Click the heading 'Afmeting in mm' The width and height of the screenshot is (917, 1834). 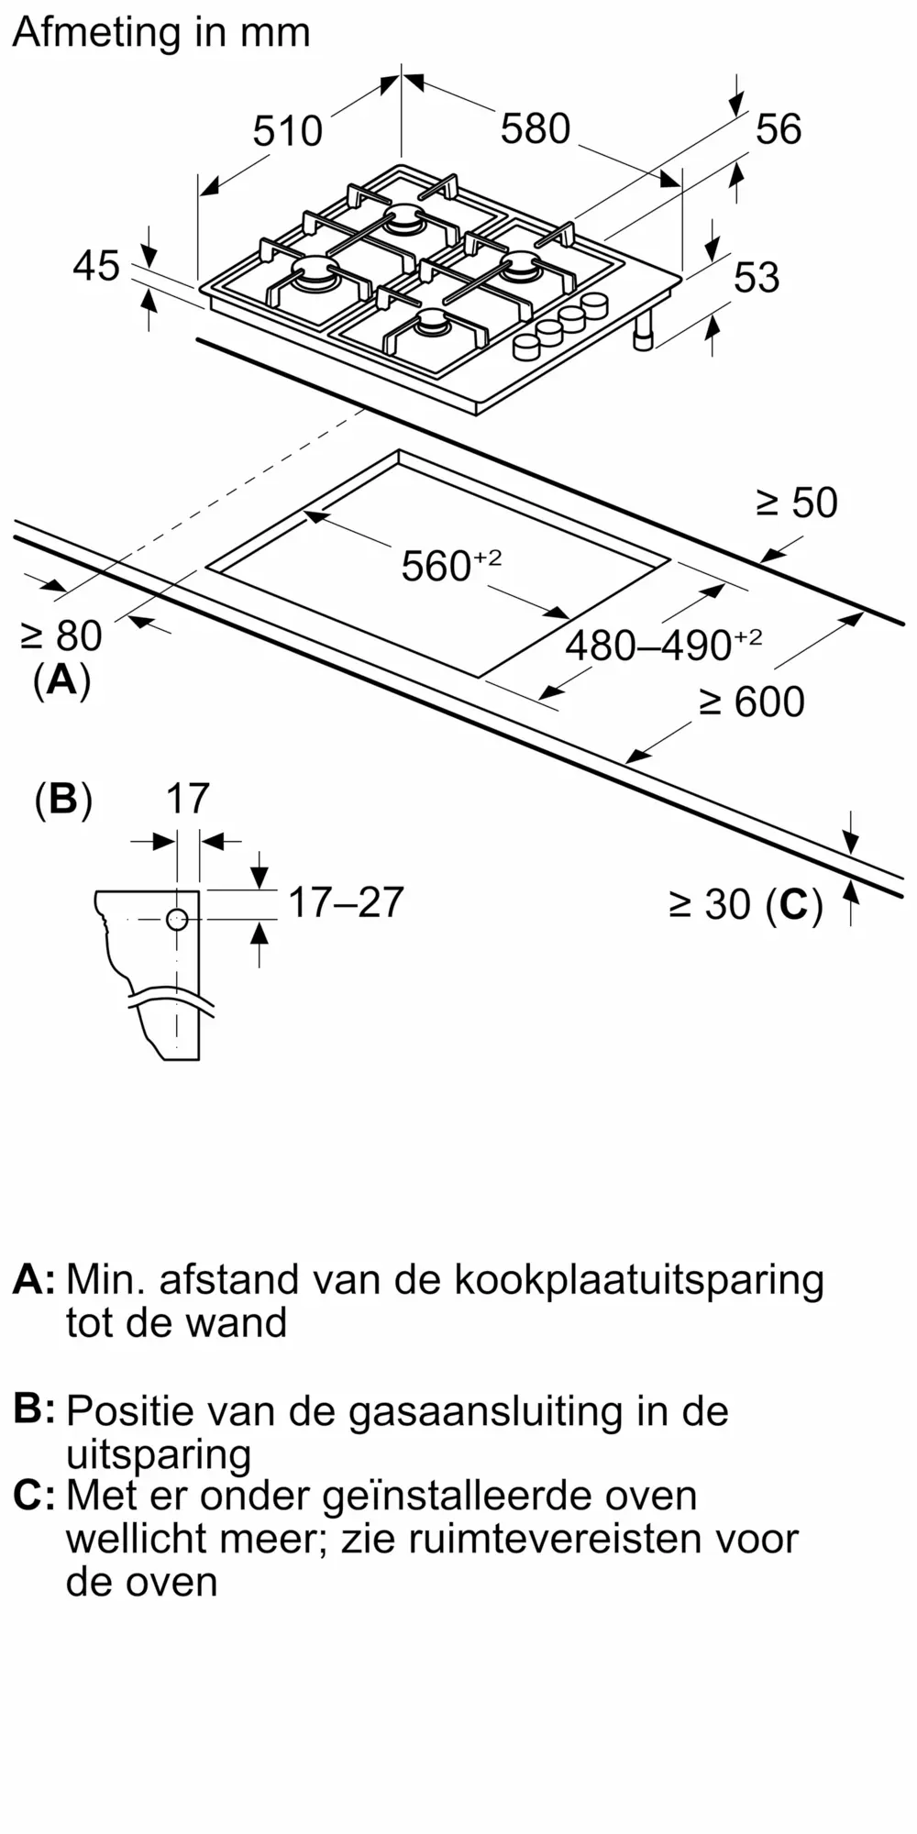click(x=161, y=33)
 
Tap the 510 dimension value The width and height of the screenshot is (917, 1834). click(x=288, y=131)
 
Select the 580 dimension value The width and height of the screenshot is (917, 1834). click(x=536, y=128)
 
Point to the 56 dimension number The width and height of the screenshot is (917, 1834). click(x=778, y=128)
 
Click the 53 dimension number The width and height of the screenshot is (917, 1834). click(x=756, y=277)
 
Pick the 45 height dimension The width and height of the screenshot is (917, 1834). click(x=96, y=266)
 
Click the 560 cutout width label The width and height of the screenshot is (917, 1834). click(x=450, y=565)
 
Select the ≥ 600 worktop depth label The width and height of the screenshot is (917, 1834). click(x=752, y=702)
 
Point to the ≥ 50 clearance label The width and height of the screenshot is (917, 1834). click(x=796, y=503)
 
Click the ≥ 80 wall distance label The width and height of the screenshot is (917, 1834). click(x=61, y=635)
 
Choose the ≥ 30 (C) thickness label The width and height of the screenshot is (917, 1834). click(x=746, y=905)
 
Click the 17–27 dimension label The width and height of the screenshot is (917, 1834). click(x=346, y=902)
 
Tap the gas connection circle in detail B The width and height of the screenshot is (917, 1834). click(x=177, y=920)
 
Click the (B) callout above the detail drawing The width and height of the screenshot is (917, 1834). click(x=63, y=799)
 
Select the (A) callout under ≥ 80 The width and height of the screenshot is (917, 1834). click(x=61, y=680)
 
